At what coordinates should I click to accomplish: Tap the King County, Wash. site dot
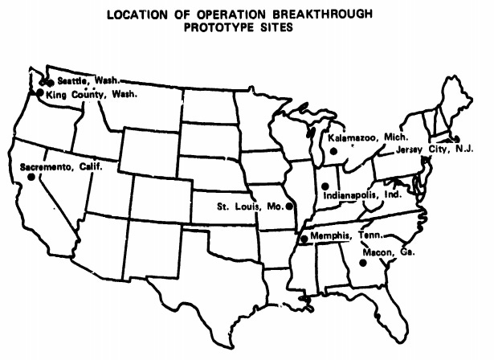coord(40,94)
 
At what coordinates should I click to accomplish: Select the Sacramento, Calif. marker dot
coord(31,178)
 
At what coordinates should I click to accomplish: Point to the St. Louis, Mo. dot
coord(288,207)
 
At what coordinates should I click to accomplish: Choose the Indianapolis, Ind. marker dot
coord(326,184)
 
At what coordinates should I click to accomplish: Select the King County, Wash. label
coord(92,94)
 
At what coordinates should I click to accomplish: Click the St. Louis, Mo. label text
coord(250,207)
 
